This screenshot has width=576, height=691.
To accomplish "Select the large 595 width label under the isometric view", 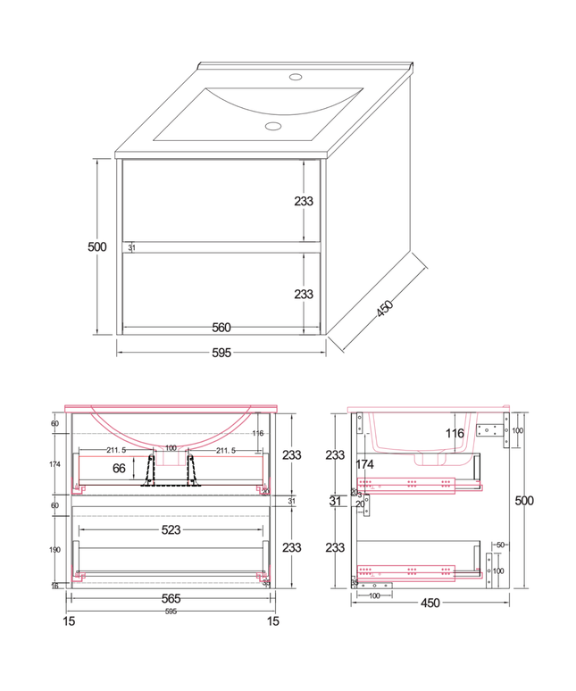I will [x=221, y=353].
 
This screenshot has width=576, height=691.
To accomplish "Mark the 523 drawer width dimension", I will [x=171, y=530].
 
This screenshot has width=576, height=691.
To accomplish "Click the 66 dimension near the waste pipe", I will [x=119, y=467].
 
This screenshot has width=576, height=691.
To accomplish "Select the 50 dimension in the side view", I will [x=501, y=544].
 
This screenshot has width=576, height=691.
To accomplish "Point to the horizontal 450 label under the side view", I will [x=430, y=603].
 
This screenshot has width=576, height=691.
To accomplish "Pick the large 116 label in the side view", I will [x=455, y=434].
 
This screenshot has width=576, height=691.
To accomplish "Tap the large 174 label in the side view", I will [x=364, y=464].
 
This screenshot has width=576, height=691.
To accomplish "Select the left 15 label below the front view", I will [x=70, y=620].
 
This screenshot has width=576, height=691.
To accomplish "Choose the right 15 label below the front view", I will [x=274, y=620].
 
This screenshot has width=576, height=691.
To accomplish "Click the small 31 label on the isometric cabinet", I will [x=132, y=247].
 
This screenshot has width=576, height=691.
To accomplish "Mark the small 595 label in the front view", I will [x=171, y=612].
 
